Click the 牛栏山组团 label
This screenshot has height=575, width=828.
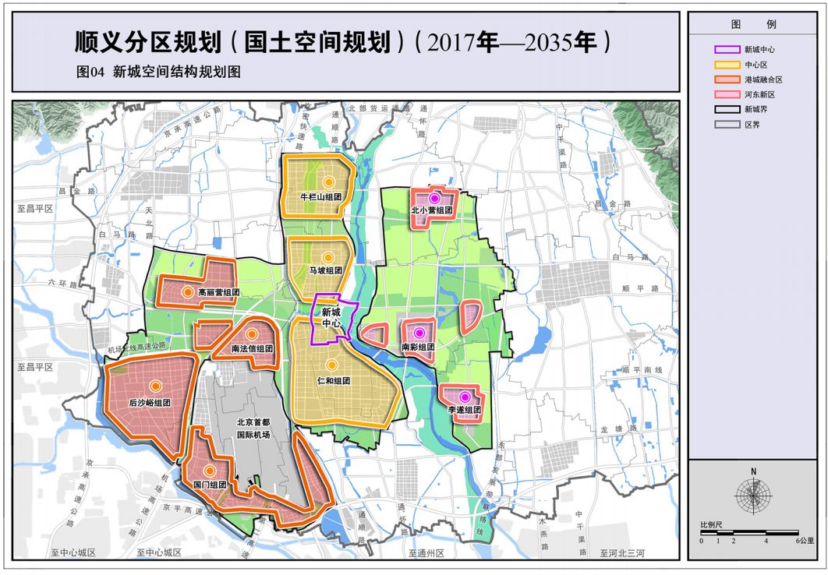pos(320,197)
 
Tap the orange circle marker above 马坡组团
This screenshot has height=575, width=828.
pos(327,256)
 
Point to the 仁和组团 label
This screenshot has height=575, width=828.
pos(333,381)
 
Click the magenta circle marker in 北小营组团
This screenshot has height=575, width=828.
pos(434,199)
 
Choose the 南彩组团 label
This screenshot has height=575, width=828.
pos(418,347)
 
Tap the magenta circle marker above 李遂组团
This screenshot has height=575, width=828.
pos(464,397)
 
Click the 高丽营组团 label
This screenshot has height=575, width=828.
pos(218,292)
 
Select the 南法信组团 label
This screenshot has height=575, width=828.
pos(252,349)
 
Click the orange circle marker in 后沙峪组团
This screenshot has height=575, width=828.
pos(155,386)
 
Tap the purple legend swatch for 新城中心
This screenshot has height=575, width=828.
pos(727,49)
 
